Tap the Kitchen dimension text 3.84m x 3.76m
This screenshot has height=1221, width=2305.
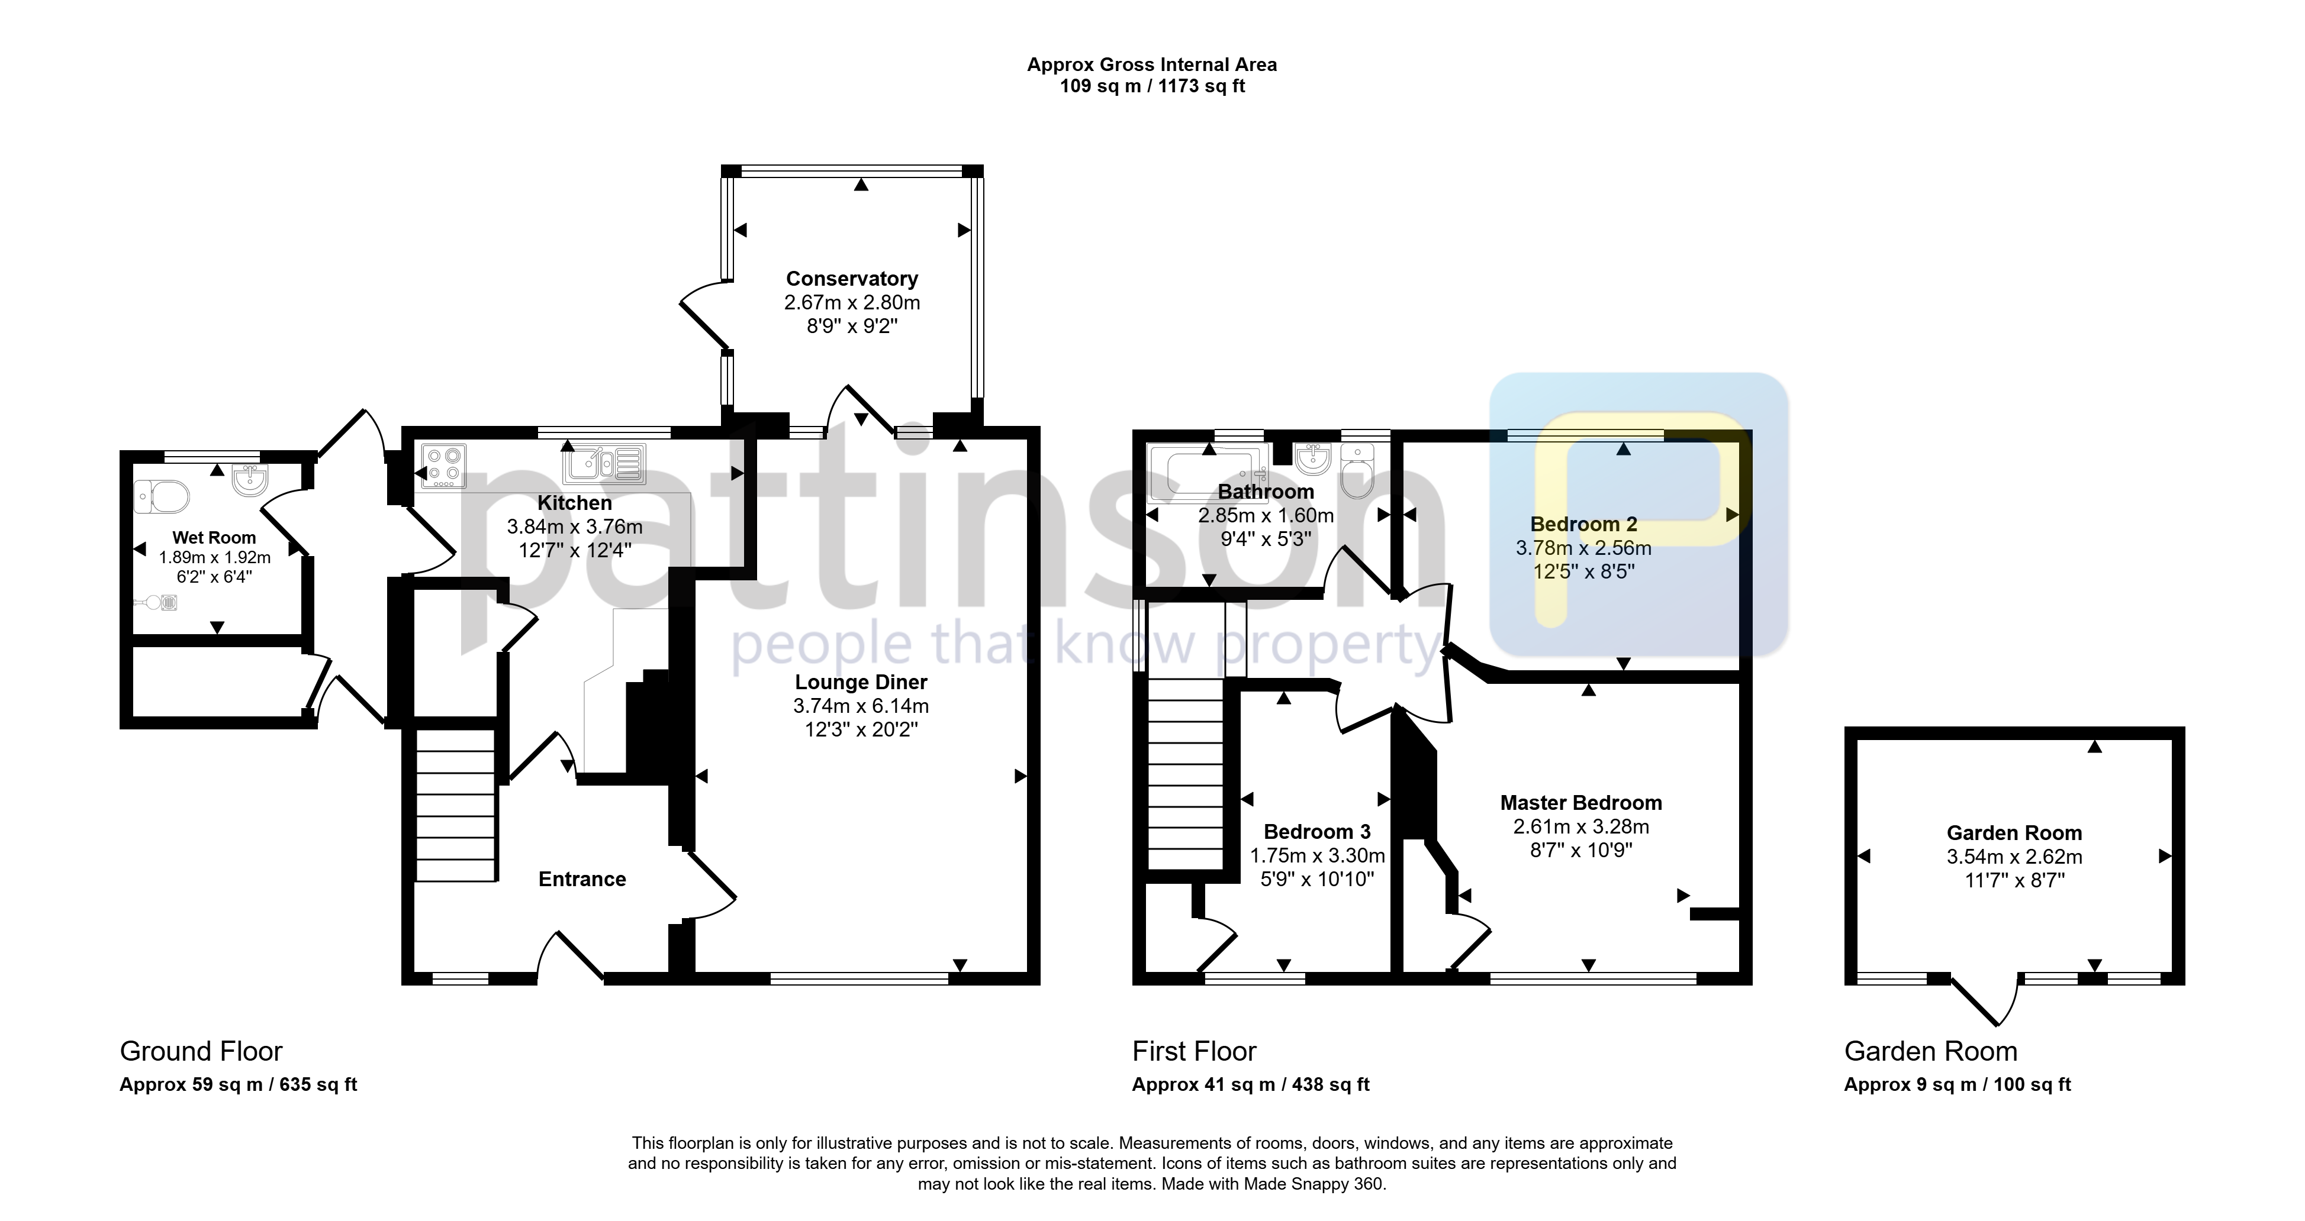[x=574, y=527]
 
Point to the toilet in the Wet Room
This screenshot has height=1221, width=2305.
[x=162, y=496]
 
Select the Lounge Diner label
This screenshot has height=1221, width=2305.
[x=861, y=683]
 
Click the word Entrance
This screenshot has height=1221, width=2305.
[x=582, y=879]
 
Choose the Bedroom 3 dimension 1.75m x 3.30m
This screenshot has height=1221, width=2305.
[x=1317, y=856]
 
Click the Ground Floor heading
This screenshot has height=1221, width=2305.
[x=201, y=1051]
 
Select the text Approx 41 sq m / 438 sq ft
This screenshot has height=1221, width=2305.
[x=1251, y=1085]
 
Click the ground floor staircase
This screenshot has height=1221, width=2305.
[x=455, y=805]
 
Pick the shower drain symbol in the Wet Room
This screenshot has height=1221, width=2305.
[x=168, y=603]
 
